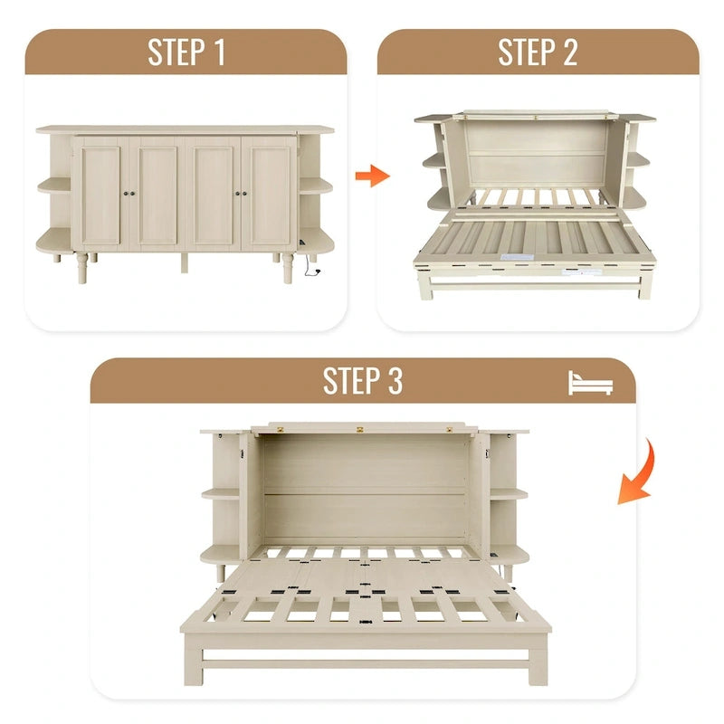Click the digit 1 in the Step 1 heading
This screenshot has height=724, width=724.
click(219, 52)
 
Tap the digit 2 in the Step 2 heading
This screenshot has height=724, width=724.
click(570, 52)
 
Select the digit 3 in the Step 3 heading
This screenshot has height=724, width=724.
click(395, 381)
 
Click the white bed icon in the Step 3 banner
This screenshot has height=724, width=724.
click(590, 382)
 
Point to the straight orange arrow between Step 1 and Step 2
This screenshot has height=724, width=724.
click(372, 176)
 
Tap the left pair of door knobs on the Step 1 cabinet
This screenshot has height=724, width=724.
click(129, 194)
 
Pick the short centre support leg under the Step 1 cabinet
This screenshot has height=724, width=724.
click(185, 262)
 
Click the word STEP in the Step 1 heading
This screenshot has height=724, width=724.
click(176, 52)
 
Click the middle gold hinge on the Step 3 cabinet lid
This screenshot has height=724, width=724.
click(360, 430)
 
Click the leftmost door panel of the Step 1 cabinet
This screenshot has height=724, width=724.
click(101, 195)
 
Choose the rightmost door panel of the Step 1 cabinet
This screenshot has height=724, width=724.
click(269, 195)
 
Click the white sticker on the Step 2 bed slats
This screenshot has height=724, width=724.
click(518, 257)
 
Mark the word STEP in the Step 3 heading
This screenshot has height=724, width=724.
click(351, 381)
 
